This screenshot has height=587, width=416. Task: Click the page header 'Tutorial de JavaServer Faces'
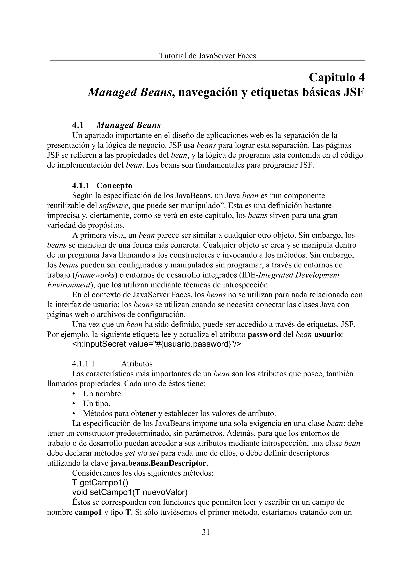[x=207, y=56]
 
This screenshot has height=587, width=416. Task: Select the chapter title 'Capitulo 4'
[x=337, y=77]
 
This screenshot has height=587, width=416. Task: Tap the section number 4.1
[x=78, y=125]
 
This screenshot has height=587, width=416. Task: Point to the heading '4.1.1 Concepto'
[x=102, y=185]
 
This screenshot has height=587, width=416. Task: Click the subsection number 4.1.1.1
[x=84, y=364]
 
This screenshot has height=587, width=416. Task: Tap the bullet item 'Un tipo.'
[x=96, y=404]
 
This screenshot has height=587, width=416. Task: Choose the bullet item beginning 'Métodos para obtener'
[x=179, y=414]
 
